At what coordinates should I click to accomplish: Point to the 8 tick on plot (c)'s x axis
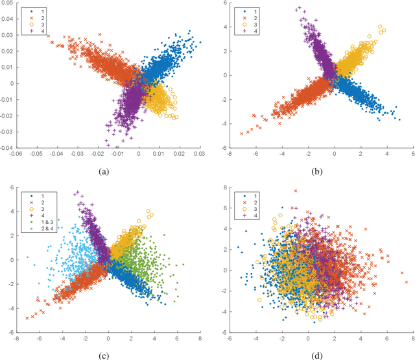pyautogui.click(x=199, y=339)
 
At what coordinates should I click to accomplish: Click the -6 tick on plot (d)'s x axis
pyautogui.click(x=230, y=339)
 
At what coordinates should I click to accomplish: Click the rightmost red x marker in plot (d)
pyautogui.click(x=406, y=282)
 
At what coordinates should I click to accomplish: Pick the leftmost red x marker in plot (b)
pyautogui.click(x=242, y=134)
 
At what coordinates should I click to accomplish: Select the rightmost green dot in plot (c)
pyautogui.click(x=184, y=265)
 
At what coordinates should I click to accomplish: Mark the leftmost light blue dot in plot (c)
pyautogui.click(x=27, y=258)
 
